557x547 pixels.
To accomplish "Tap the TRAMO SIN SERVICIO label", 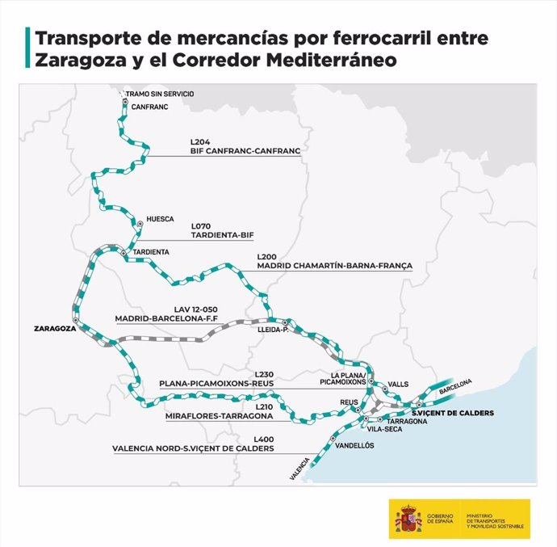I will pos(160,94).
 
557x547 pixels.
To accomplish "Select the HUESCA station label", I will pos(160,219).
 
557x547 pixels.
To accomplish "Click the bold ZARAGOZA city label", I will pos(55,329).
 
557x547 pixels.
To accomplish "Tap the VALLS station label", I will pos(398,385).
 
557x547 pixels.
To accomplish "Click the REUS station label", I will pos(349,402).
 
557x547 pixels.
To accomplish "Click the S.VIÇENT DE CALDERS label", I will pos(451,414).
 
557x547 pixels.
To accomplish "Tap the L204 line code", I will pos(200,141).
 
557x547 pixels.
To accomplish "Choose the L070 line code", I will pos(201,225).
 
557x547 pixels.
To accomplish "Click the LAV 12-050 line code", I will pos(191,308).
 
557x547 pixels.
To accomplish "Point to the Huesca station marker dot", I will pos(140,222).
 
